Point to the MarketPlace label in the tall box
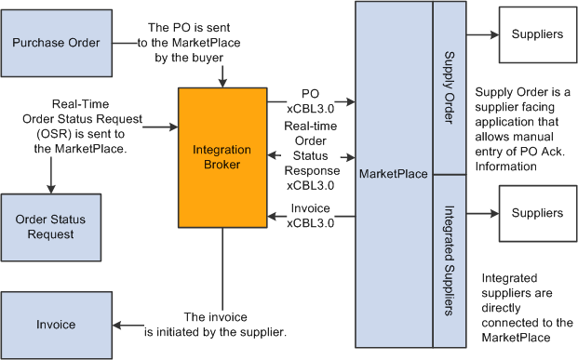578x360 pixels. [x=392, y=175]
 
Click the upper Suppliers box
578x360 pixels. [x=537, y=34]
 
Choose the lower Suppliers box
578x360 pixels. [x=537, y=213]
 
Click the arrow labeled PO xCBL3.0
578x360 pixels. [x=312, y=100]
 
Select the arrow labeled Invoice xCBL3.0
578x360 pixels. [x=312, y=218]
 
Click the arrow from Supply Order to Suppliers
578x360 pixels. [x=481, y=34]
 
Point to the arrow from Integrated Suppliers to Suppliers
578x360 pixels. [x=481, y=213]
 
